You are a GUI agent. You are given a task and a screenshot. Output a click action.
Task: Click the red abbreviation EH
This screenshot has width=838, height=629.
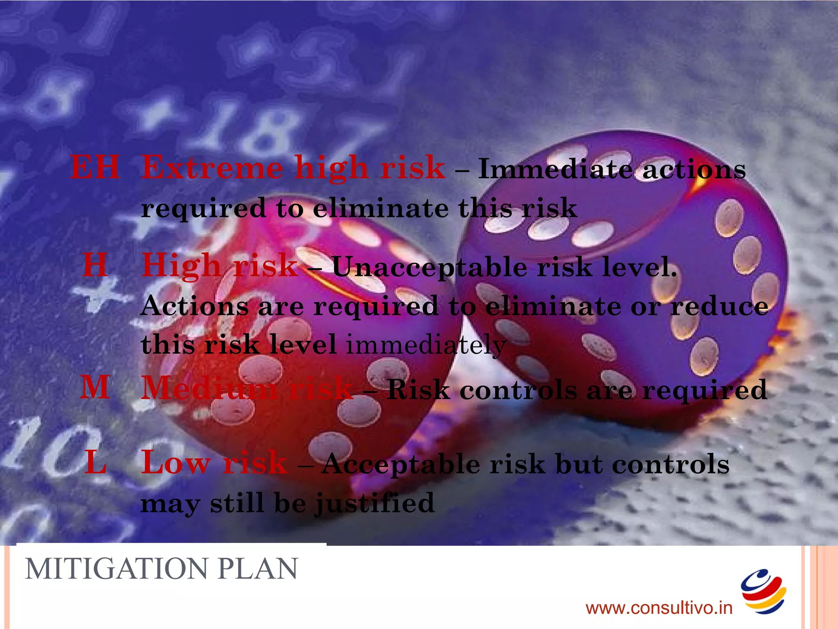pyautogui.click(x=95, y=167)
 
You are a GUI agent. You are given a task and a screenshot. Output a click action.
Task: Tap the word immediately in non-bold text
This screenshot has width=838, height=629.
pyautogui.click(x=426, y=345)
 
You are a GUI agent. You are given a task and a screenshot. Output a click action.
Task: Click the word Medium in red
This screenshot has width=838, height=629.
pyautogui.click(x=209, y=388)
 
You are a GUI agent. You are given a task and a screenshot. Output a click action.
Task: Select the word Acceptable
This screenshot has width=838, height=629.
pyautogui.click(x=401, y=465)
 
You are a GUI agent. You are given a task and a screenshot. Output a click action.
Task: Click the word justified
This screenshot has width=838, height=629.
pyautogui.click(x=374, y=503)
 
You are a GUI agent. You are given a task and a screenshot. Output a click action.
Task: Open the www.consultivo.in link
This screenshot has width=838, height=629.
pyautogui.click(x=659, y=608)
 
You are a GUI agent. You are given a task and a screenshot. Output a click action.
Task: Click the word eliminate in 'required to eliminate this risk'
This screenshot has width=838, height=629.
pyautogui.click(x=381, y=208)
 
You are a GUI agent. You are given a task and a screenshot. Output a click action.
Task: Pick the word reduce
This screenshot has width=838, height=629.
pyautogui.click(x=719, y=306)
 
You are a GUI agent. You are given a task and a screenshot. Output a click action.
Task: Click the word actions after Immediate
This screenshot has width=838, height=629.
pyautogui.click(x=694, y=169)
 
